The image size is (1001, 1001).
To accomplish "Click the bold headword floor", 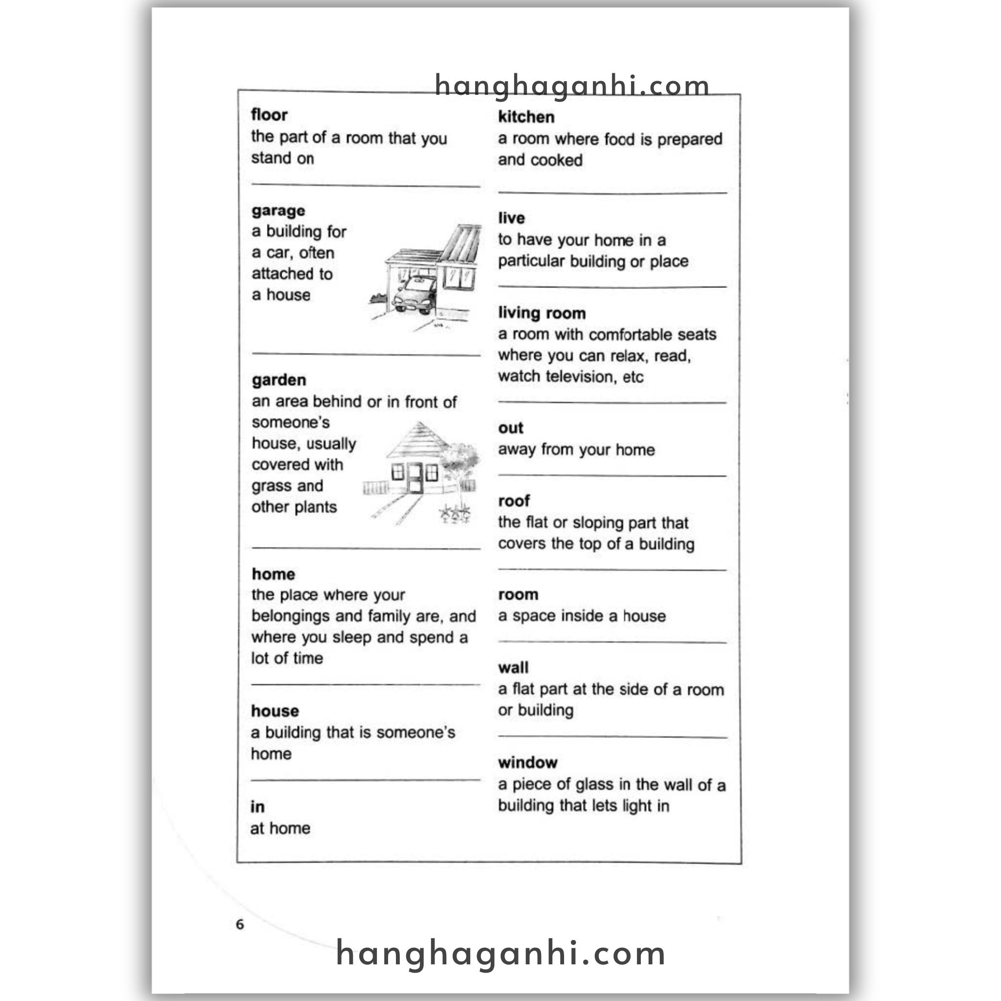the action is point(269,115).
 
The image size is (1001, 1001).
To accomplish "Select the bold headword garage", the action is point(278,211).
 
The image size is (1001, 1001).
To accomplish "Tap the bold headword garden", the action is point(279,380).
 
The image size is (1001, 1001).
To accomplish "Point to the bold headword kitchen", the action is point(526,117).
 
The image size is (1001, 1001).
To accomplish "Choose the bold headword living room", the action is point(542,313).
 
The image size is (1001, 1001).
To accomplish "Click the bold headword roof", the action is point(514,501).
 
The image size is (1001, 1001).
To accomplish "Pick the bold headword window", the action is point(527,762).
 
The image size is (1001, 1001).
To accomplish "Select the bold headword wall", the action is point(513,668).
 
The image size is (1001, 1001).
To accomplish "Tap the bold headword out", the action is point(510,428).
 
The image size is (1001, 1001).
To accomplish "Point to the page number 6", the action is point(239,924).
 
